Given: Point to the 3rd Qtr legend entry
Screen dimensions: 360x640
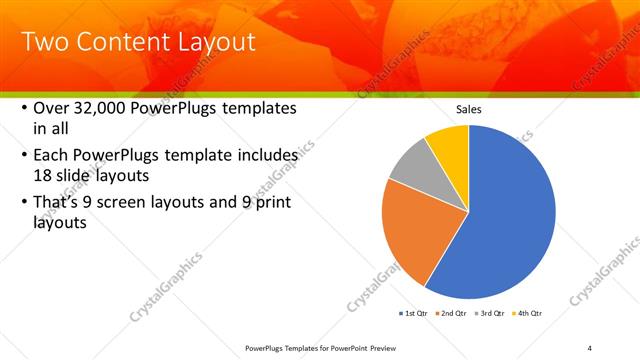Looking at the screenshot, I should point(490,314).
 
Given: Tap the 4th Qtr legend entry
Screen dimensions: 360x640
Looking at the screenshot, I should point(528,314).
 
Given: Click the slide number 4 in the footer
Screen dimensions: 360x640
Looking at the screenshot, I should point(590,347).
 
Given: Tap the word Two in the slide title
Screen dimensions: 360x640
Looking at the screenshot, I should point(44,43).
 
